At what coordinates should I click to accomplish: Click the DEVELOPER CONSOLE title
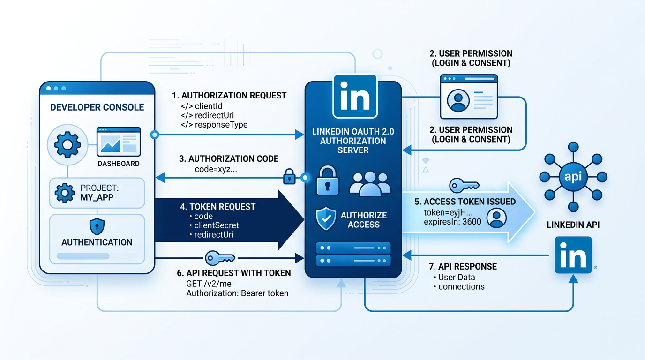97,107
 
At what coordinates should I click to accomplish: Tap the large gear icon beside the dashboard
67,144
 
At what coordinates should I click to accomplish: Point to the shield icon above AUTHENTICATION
97,227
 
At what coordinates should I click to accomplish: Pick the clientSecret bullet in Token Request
217,225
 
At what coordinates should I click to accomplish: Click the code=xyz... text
216,169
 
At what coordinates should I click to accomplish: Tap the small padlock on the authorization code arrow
289,178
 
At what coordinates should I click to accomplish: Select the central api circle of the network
573,177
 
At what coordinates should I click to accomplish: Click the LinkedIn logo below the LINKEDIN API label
573,255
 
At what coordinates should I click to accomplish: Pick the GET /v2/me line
209,284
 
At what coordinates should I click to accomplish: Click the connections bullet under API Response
461,286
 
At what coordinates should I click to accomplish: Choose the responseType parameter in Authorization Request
221,125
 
